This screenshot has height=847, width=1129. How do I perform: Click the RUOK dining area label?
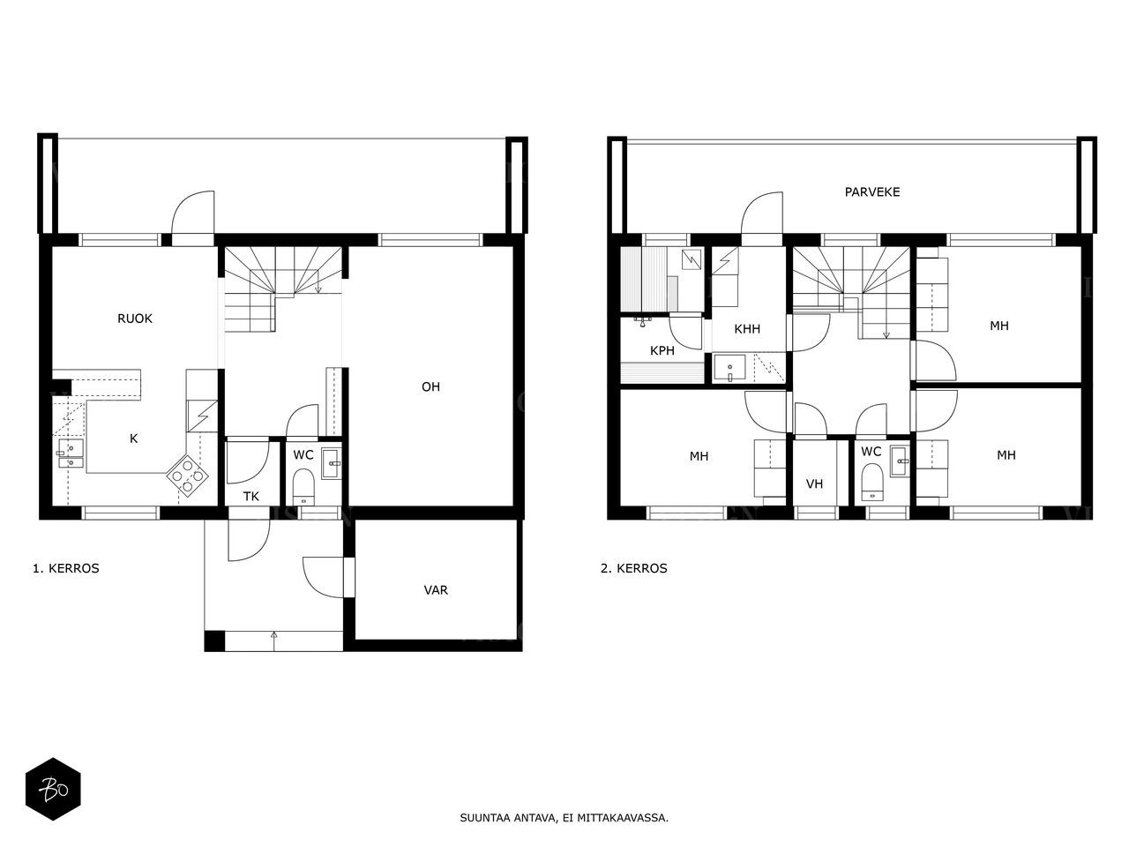[x=135, y=319]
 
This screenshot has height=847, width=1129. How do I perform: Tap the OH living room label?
[x=430, y=386]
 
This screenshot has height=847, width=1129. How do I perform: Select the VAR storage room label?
[x=436, y=590]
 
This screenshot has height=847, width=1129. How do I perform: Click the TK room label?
[x=251, y=496]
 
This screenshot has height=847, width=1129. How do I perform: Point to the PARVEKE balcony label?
[x=872, y=191]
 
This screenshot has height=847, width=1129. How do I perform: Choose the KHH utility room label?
[x=747, y=328]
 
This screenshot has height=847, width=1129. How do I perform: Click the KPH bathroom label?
[x=662, y=351]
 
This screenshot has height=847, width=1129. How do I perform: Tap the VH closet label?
[x=814, y=483]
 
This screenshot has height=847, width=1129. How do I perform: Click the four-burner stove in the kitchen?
[x=187, y=476]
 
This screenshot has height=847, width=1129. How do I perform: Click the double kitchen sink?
[x=71, y=453]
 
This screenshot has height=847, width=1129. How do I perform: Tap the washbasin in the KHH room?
[x=729, y=368]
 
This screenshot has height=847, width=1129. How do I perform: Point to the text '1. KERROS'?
[x=66, y=568]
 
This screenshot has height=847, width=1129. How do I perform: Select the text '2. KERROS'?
[x=633, y=568]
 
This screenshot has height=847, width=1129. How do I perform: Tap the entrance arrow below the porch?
[x=273, y=641]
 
